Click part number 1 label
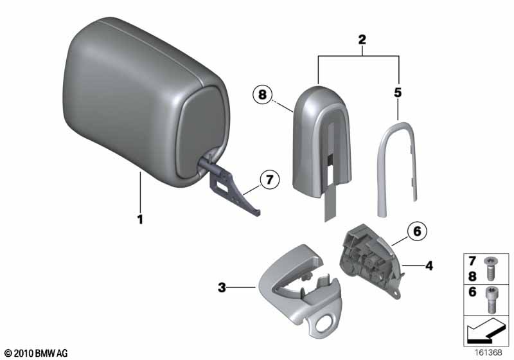139,219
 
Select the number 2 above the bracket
362,40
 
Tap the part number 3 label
222,289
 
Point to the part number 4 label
428,264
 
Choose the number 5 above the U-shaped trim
398,93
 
